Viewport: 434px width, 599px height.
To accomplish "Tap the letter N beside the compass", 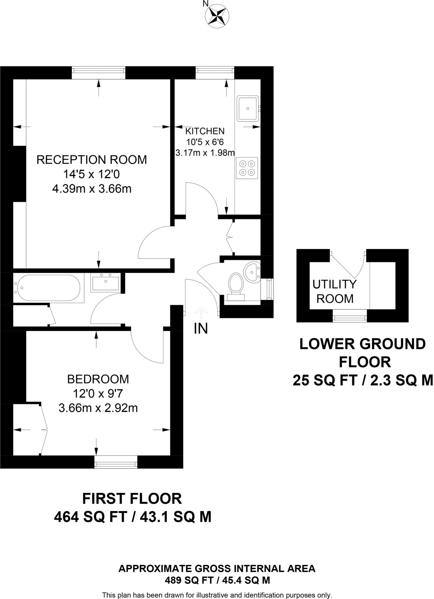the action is [206, 4].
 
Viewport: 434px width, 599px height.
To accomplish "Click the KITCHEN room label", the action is [205, 131].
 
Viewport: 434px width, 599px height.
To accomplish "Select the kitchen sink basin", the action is [248, 108].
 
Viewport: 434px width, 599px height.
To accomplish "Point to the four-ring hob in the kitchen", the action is [247, 168].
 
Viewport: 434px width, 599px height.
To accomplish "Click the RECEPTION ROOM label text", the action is [92, 160].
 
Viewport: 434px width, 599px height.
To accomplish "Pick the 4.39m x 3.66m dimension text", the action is [92, 189].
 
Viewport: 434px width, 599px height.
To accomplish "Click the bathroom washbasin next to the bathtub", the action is [105, 283].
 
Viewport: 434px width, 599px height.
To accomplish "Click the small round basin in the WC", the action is [252, 272].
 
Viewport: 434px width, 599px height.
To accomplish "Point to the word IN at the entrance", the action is [201, 329].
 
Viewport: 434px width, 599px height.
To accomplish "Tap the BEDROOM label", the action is [98, 379].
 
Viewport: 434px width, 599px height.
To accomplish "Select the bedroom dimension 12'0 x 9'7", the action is [98, 393].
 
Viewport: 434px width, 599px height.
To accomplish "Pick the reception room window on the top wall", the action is [99, 73].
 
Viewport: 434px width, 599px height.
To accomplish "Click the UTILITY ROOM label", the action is [335, 291].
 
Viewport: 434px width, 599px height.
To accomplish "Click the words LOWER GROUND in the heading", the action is [363, 344].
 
